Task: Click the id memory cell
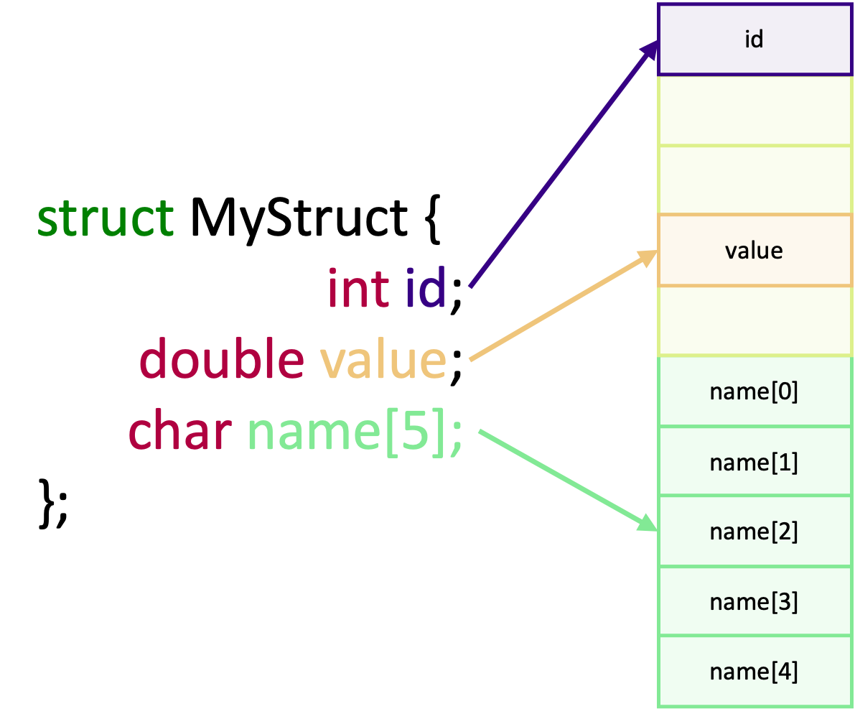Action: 754,39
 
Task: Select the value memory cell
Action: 754,250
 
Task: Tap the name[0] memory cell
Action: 754,391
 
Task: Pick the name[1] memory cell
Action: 754,462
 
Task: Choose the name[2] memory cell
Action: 754,532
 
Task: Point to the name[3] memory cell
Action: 754,601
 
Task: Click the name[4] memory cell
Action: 754,672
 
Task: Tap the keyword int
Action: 358,287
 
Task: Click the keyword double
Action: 221,358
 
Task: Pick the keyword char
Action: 179,430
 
